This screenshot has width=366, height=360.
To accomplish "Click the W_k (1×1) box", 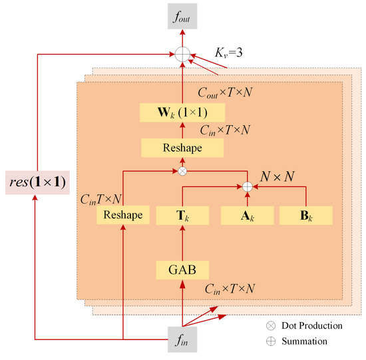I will pos(182,112).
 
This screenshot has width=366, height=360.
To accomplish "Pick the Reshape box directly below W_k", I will pos(182,148).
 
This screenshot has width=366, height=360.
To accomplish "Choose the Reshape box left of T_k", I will pos(124,215).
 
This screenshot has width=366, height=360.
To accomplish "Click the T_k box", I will pos(182,215).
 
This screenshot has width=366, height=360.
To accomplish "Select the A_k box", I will pos(247,215).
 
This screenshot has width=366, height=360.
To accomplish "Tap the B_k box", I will pos(305,215).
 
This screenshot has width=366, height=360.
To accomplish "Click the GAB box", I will pos(182,270).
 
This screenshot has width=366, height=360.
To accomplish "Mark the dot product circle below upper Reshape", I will pos(182,171).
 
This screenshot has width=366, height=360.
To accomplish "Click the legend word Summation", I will pos(304,341).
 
